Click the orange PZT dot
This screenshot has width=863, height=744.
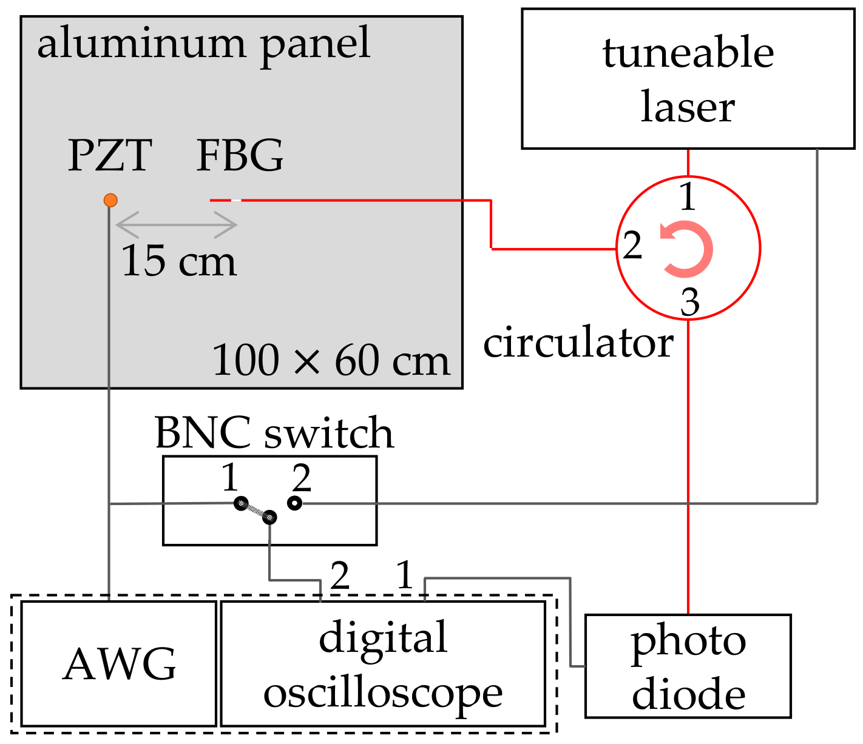[x=110, y=200]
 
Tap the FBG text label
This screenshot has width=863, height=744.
[x=240, y=156]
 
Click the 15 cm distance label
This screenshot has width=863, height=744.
[x=178, y=261]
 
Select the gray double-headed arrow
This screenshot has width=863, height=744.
[x=176, y=225]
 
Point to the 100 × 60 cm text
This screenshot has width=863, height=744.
[x=331, y=361]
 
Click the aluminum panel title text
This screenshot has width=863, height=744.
[x=203, y=44]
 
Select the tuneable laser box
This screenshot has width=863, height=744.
[x=688, y=79]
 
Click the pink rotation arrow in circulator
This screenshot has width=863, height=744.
[x=687, y=249]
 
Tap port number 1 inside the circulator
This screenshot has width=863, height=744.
[x=687, y=197]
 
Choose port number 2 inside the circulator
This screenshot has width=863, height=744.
[x=632, y=246]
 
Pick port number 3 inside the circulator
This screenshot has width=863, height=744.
[x=689, y=302]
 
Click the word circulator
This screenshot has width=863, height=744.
[x=578, y=343]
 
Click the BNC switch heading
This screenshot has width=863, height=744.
[x=274, y=433]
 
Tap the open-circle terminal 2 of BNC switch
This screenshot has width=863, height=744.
[x=295, y=503]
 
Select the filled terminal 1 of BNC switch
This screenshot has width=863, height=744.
[x=241, y=503]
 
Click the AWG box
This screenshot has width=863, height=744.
[x=119, y=664]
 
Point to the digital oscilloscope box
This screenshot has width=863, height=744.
[x=383, y=664]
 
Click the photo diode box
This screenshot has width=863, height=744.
[x=688, y=666]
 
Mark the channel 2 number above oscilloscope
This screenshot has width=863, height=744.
[x=340, y=575]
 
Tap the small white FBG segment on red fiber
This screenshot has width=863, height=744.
[x=236, y=200]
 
